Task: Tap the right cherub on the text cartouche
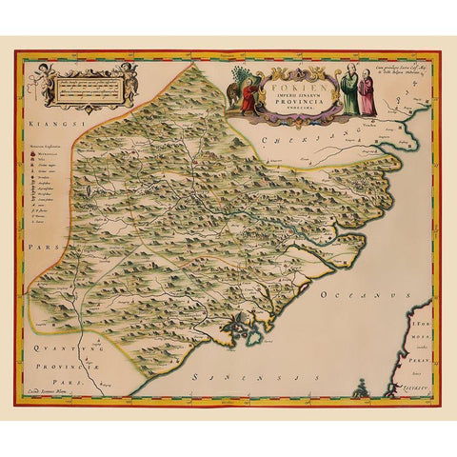pos(129,81)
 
